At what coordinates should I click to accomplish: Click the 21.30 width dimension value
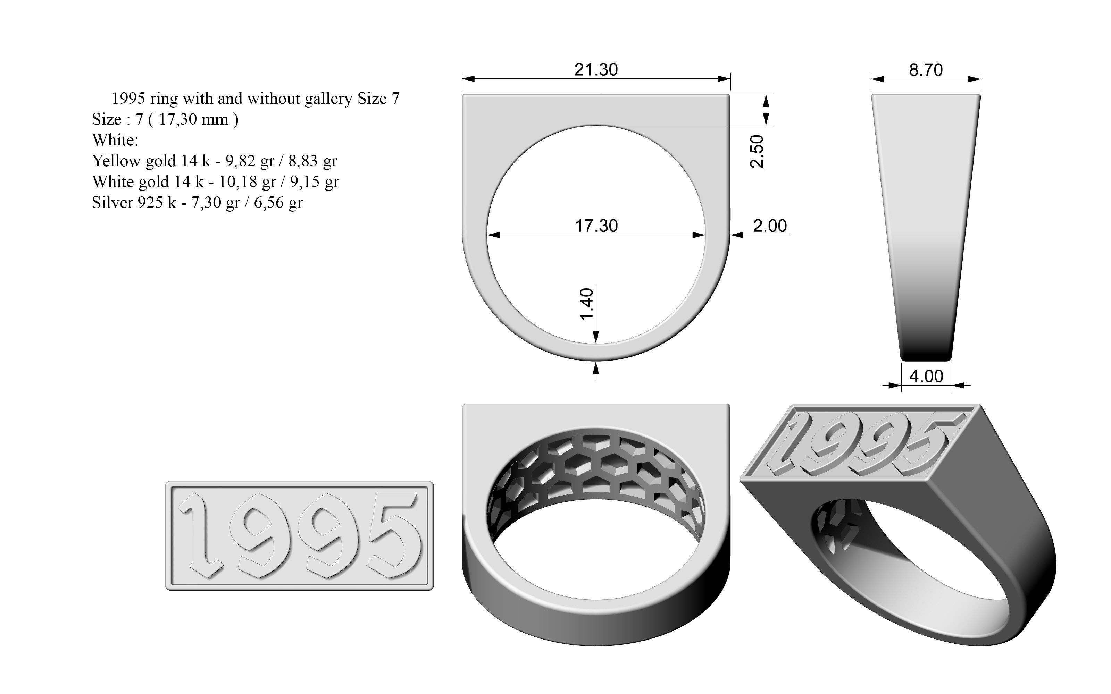point(596,70)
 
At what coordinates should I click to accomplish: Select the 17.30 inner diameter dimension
point(596,226)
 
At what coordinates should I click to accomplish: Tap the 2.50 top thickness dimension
point(757,152)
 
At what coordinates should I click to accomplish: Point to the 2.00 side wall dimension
point(770,226)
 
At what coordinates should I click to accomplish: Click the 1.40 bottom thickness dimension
point(587,304)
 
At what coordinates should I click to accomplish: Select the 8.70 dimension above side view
point(926,70)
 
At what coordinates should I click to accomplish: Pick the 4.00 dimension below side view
point(926,376)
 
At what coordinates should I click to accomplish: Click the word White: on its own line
point(115,140)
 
